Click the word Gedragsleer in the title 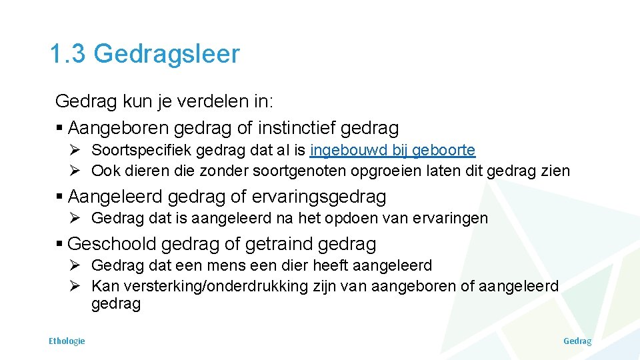[x=166, y=54]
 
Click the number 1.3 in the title [x=67, y=54]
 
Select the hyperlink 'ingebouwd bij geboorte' [x=393, y=151]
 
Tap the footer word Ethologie [x=67, y=341]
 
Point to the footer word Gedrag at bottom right [x=577, y=341]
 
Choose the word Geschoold [x=111, y=244]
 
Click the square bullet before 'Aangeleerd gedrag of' [x=60, y=197]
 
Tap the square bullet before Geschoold [x=60, y=244]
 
